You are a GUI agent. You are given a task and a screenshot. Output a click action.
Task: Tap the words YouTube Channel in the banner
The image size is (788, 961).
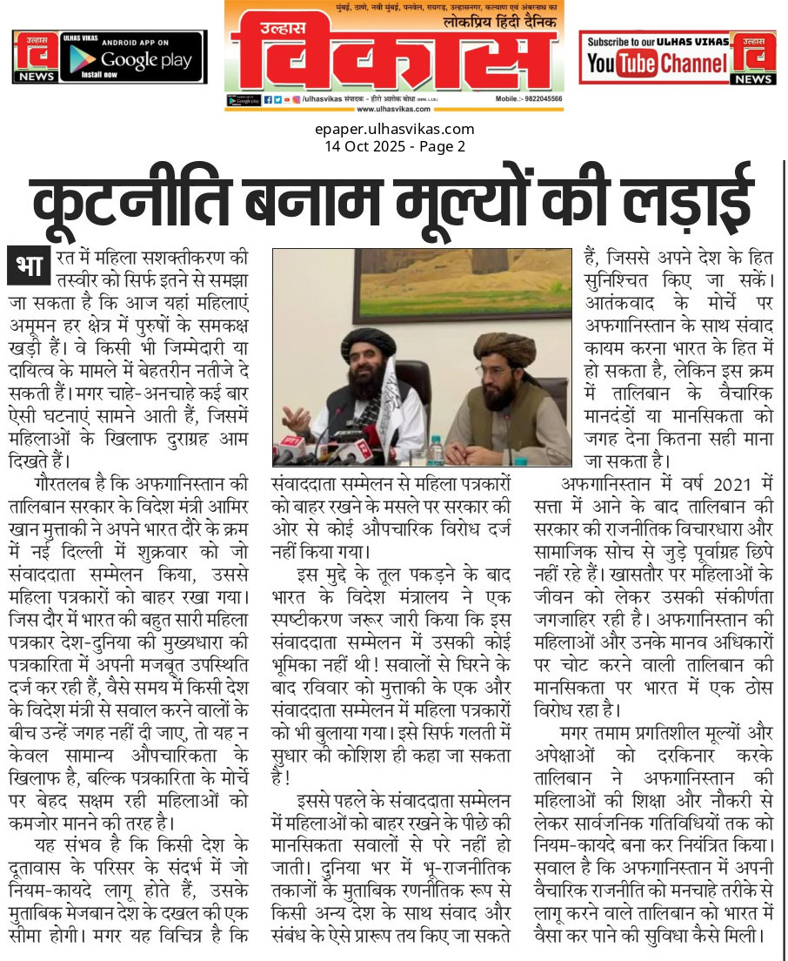pos(657,63)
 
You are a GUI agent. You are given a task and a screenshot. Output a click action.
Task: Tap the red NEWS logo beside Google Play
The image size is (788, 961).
pos(34,57)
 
